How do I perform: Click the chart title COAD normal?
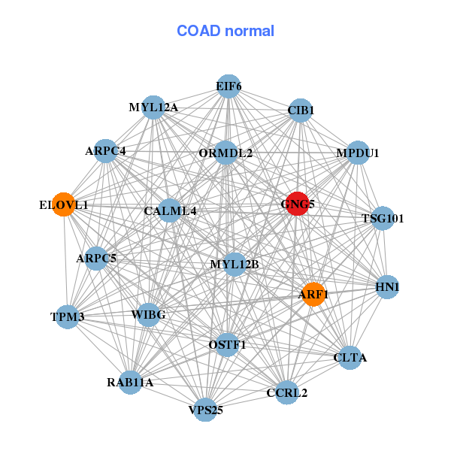(225, 31)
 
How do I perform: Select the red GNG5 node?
(297, 204)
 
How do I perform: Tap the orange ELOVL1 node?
(64, 204)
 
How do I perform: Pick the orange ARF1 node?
(313, 294)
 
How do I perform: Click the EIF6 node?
(229, 86)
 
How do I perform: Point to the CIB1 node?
(301, 110)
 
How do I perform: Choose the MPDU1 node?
(357, 153)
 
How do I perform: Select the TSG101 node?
(383, 219)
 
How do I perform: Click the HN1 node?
(387, 287)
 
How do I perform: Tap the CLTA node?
(350, 357)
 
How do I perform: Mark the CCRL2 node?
(287, 392)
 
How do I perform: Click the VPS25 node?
(205, 410)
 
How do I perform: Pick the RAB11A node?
(130, 383)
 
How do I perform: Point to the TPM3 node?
(67, 316)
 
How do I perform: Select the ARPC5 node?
(96, 259)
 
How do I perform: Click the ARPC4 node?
(105, 151)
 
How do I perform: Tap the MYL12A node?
(153, 107)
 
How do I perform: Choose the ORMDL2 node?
(225, 153)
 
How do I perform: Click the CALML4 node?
(171, 210)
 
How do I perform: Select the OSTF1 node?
(227, 344)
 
